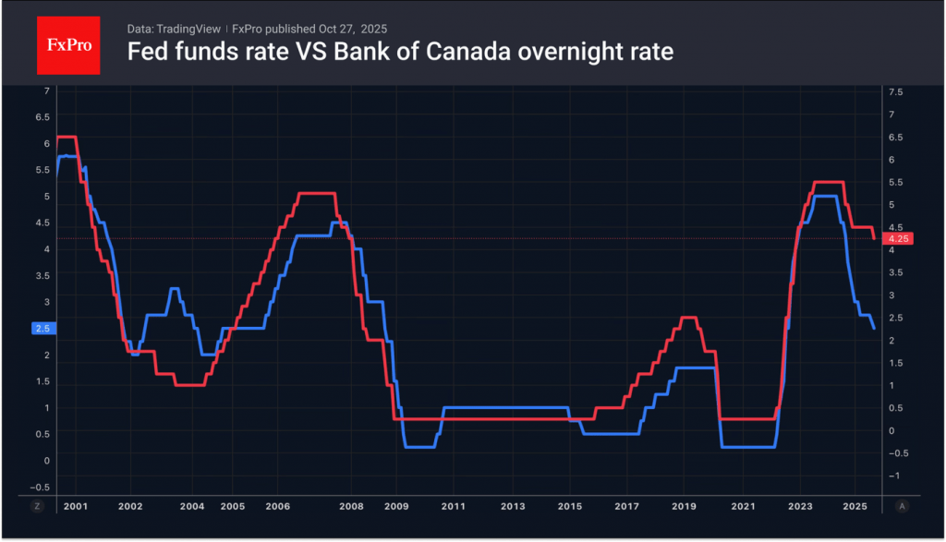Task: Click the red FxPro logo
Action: [x=67, y=44]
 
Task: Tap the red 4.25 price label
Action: [x=897, y=238]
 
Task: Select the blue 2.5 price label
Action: [x=42, y=328]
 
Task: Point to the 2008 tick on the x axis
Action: [x=350, y=507]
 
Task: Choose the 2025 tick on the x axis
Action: [x=855, y=507]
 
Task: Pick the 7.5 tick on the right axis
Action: [x=894, y=92]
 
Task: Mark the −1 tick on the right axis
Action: [x=892, y=476]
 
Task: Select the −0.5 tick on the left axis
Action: [x=40, y=487]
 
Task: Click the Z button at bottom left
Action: [x=38, y=506]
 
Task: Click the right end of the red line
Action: [x=874, y=238]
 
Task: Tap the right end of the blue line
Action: [x=874, y=328]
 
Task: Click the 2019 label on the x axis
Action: [x=684, y=507]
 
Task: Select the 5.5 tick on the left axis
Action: [x=42, y=170]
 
